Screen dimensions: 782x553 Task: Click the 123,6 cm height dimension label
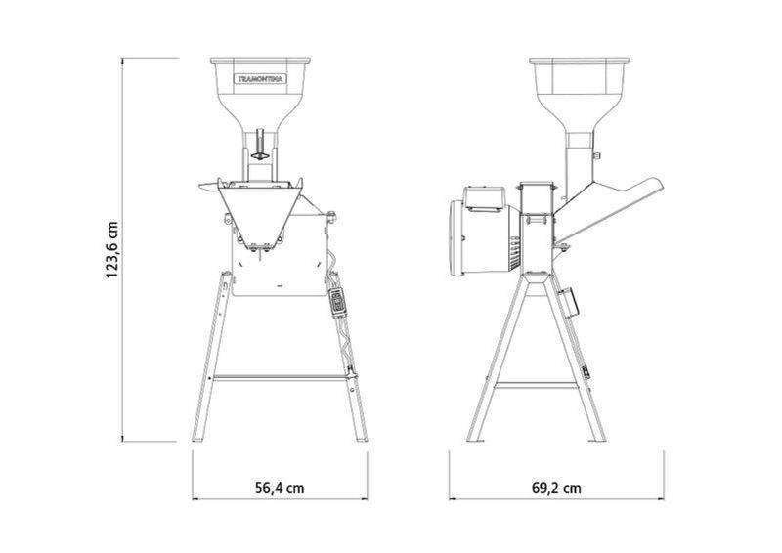[x=111, y=250]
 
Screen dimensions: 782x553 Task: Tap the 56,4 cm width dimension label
[x=280, y=488]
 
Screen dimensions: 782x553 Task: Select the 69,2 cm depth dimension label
[x=556, y=488]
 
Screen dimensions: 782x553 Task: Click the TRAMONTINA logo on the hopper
[x=260, y=79]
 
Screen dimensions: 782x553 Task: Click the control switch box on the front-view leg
[x=337, y=301]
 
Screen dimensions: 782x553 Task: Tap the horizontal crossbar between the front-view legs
[x=281, y=378]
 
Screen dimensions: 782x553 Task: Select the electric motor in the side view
[x=485, y=232]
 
